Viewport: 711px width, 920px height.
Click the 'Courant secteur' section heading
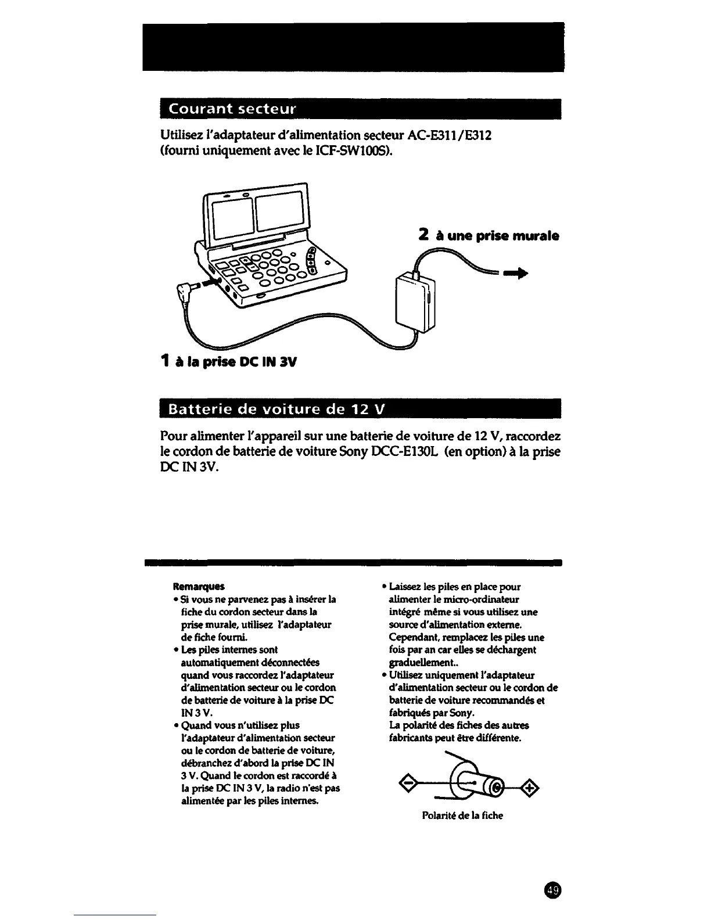(233, 109)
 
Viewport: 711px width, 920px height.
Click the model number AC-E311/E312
(450, 135)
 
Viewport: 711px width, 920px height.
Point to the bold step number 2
(423, 235)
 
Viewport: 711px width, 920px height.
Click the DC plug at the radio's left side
(188, 290)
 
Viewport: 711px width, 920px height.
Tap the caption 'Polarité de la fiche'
(462, 815)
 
